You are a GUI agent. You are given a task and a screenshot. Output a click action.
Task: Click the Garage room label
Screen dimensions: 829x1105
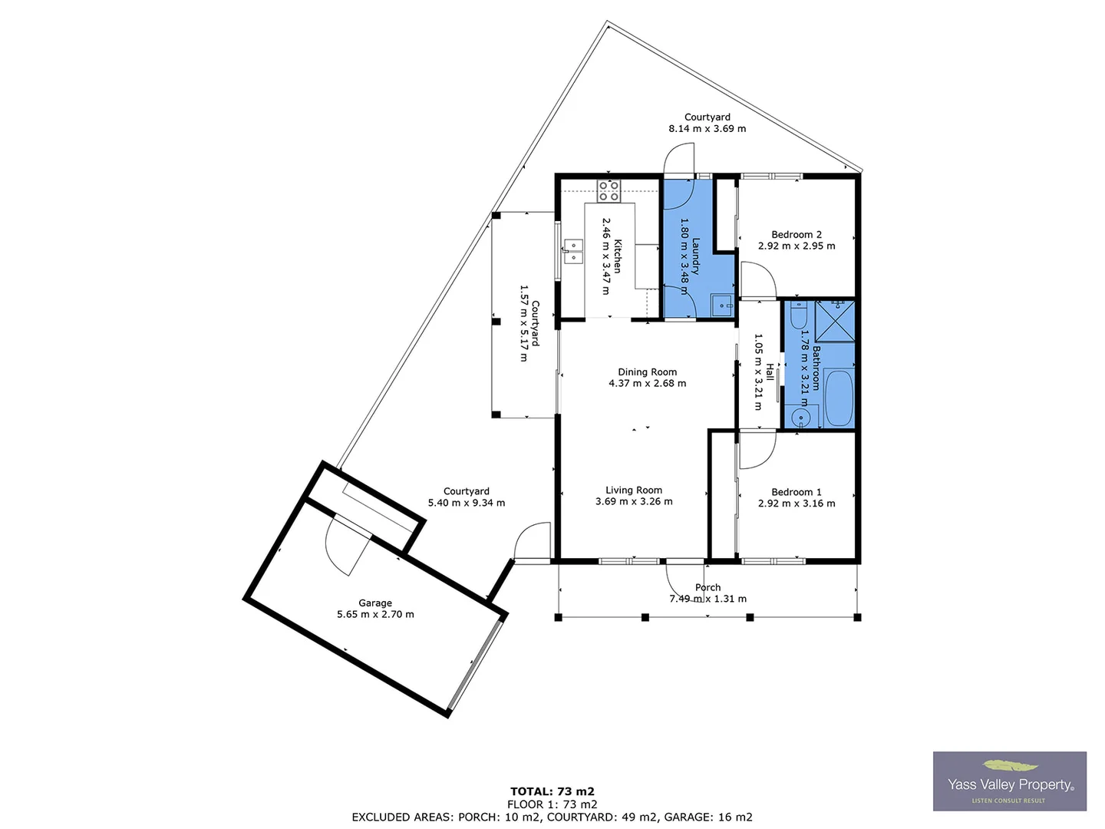(375, 603)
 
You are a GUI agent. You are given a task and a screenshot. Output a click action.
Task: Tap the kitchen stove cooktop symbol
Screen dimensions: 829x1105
(609, 190)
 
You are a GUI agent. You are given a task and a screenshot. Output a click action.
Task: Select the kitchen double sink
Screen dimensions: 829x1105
(572, 251)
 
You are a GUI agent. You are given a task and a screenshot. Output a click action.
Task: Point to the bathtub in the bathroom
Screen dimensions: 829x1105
(839, 399)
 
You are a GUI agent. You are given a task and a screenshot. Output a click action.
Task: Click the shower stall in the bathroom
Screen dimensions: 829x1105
(835, 320)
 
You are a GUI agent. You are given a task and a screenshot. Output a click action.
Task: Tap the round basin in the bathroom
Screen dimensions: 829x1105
(801, 418)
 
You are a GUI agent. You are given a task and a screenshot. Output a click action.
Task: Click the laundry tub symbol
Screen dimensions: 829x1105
(721, 306)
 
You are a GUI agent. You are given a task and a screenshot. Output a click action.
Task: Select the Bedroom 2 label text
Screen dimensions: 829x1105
(797, 235)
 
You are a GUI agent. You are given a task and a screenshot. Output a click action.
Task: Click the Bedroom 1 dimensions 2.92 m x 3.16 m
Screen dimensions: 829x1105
(797, 504)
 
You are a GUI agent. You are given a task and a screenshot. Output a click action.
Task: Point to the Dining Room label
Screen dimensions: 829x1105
(648, 372)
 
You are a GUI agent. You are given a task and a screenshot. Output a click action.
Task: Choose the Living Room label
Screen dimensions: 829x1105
(634, 490)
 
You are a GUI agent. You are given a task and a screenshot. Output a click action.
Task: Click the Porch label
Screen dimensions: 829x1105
(708, 588)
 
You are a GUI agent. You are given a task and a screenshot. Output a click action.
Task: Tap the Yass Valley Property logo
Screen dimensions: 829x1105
(1010, 781)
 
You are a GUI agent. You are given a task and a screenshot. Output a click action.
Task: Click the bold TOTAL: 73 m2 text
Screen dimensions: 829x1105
(552, 791)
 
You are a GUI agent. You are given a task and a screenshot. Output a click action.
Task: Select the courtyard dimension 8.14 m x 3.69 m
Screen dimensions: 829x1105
(708, 129)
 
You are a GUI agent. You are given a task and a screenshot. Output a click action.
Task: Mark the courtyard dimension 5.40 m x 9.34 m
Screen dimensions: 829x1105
(467, 504)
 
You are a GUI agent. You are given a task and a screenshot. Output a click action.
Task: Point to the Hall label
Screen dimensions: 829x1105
(770, 372)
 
